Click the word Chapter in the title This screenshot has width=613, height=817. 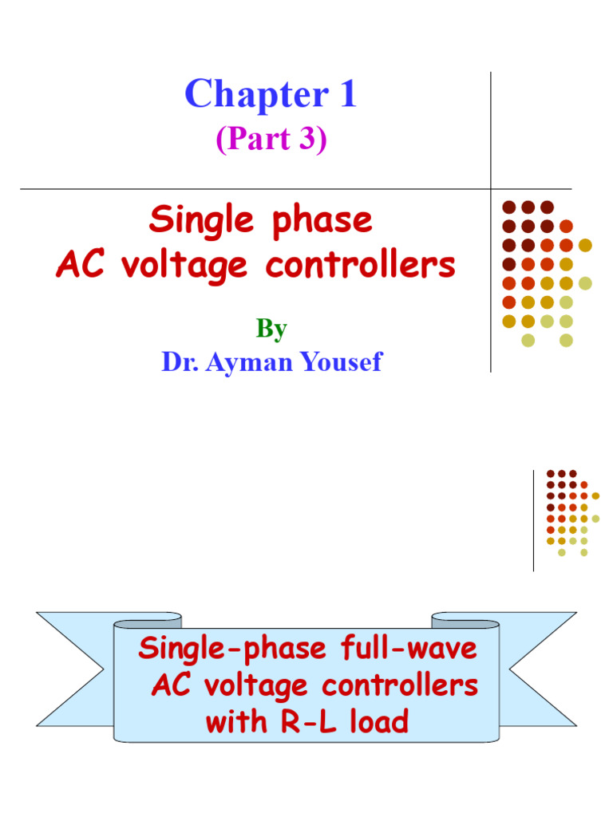point(250,96)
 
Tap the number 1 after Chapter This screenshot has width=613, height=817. point(346,96)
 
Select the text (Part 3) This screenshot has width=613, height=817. point(271,140)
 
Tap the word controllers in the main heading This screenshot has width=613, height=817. point(361,266)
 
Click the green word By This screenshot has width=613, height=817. point(271,329)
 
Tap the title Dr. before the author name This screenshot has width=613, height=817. point(180,362)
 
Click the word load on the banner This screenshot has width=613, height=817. point(376,723)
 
